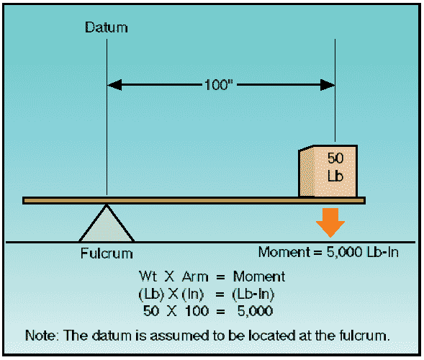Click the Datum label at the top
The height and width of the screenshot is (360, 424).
click(107, 27)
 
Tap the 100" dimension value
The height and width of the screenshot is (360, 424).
click(219, 85)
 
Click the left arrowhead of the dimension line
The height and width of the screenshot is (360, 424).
click(114, 85)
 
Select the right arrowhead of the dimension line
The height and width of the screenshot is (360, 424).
click(328, 85)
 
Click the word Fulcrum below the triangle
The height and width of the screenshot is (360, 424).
click(107, 253)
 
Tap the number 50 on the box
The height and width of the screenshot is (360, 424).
click(335, 158)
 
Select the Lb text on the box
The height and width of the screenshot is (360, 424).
click(335, 176)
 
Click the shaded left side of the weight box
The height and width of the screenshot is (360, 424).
click(307, 172)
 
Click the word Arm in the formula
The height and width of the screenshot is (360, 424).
click(195, 276)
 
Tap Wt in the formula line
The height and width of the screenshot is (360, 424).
click(148, 276)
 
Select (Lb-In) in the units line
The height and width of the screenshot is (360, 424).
click(253, 294)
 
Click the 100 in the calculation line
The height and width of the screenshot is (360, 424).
click(197, 311)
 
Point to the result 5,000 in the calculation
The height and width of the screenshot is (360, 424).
click(255, 311)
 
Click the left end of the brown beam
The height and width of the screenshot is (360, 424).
click(23, 200)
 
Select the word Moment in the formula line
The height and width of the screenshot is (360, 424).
click(258, 276)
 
